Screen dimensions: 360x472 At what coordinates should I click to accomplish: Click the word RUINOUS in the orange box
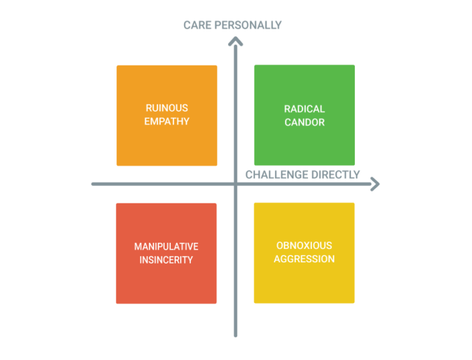pos(167,108)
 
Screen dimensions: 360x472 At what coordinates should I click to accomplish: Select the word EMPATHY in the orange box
pos(167,121)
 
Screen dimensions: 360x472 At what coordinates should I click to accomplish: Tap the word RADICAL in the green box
pos(304,108)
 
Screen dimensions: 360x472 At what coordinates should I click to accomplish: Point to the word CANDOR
pos(304,122)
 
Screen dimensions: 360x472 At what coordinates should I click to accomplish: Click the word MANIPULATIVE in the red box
pos(166,246)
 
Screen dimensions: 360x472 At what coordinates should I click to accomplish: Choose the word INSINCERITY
pos(166,260)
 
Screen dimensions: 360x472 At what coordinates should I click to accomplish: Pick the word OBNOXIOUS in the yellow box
pos(304,246)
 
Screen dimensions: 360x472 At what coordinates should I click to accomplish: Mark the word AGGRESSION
pos(304,259)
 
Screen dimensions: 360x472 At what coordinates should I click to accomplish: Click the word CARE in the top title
pos(197,25)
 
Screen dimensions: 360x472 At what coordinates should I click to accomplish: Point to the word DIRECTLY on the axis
pos(335,175)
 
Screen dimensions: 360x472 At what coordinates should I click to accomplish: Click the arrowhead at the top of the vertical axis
pos(235,41)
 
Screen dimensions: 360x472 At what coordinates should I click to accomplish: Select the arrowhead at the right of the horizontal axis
pos(375,184)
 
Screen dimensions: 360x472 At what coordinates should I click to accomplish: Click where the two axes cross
pos(235,184)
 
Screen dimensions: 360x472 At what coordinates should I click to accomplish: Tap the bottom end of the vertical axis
pos(235,335)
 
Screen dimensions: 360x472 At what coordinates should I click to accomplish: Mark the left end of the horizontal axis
pos(94,184)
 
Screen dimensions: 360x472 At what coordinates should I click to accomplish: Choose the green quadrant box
pos(304,115)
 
